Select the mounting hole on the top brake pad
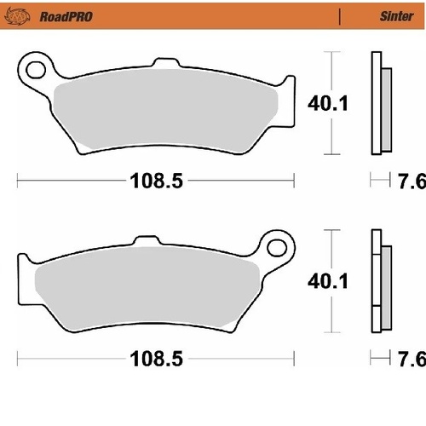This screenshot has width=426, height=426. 36,66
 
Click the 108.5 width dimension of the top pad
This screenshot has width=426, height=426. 157,181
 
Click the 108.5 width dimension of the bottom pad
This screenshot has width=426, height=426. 157,360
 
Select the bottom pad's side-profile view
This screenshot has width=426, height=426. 377,283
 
